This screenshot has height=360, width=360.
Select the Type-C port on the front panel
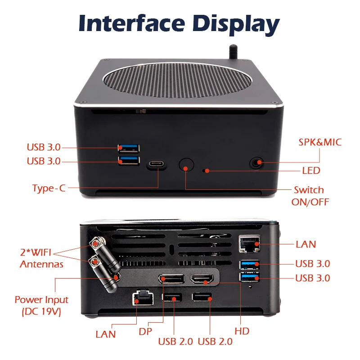coord(156,165)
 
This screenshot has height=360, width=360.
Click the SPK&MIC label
coord(320,142)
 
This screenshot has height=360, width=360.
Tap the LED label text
coord(311,171)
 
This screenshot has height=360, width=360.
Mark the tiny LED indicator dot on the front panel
coord(207,171)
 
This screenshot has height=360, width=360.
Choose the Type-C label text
coord(49,188)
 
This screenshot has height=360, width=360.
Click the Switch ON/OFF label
coord(308,196)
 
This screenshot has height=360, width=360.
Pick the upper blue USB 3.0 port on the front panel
coord(129,148)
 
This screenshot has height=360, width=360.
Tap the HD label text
coord(242,331)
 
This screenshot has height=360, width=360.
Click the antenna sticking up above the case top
coord(234,50)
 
